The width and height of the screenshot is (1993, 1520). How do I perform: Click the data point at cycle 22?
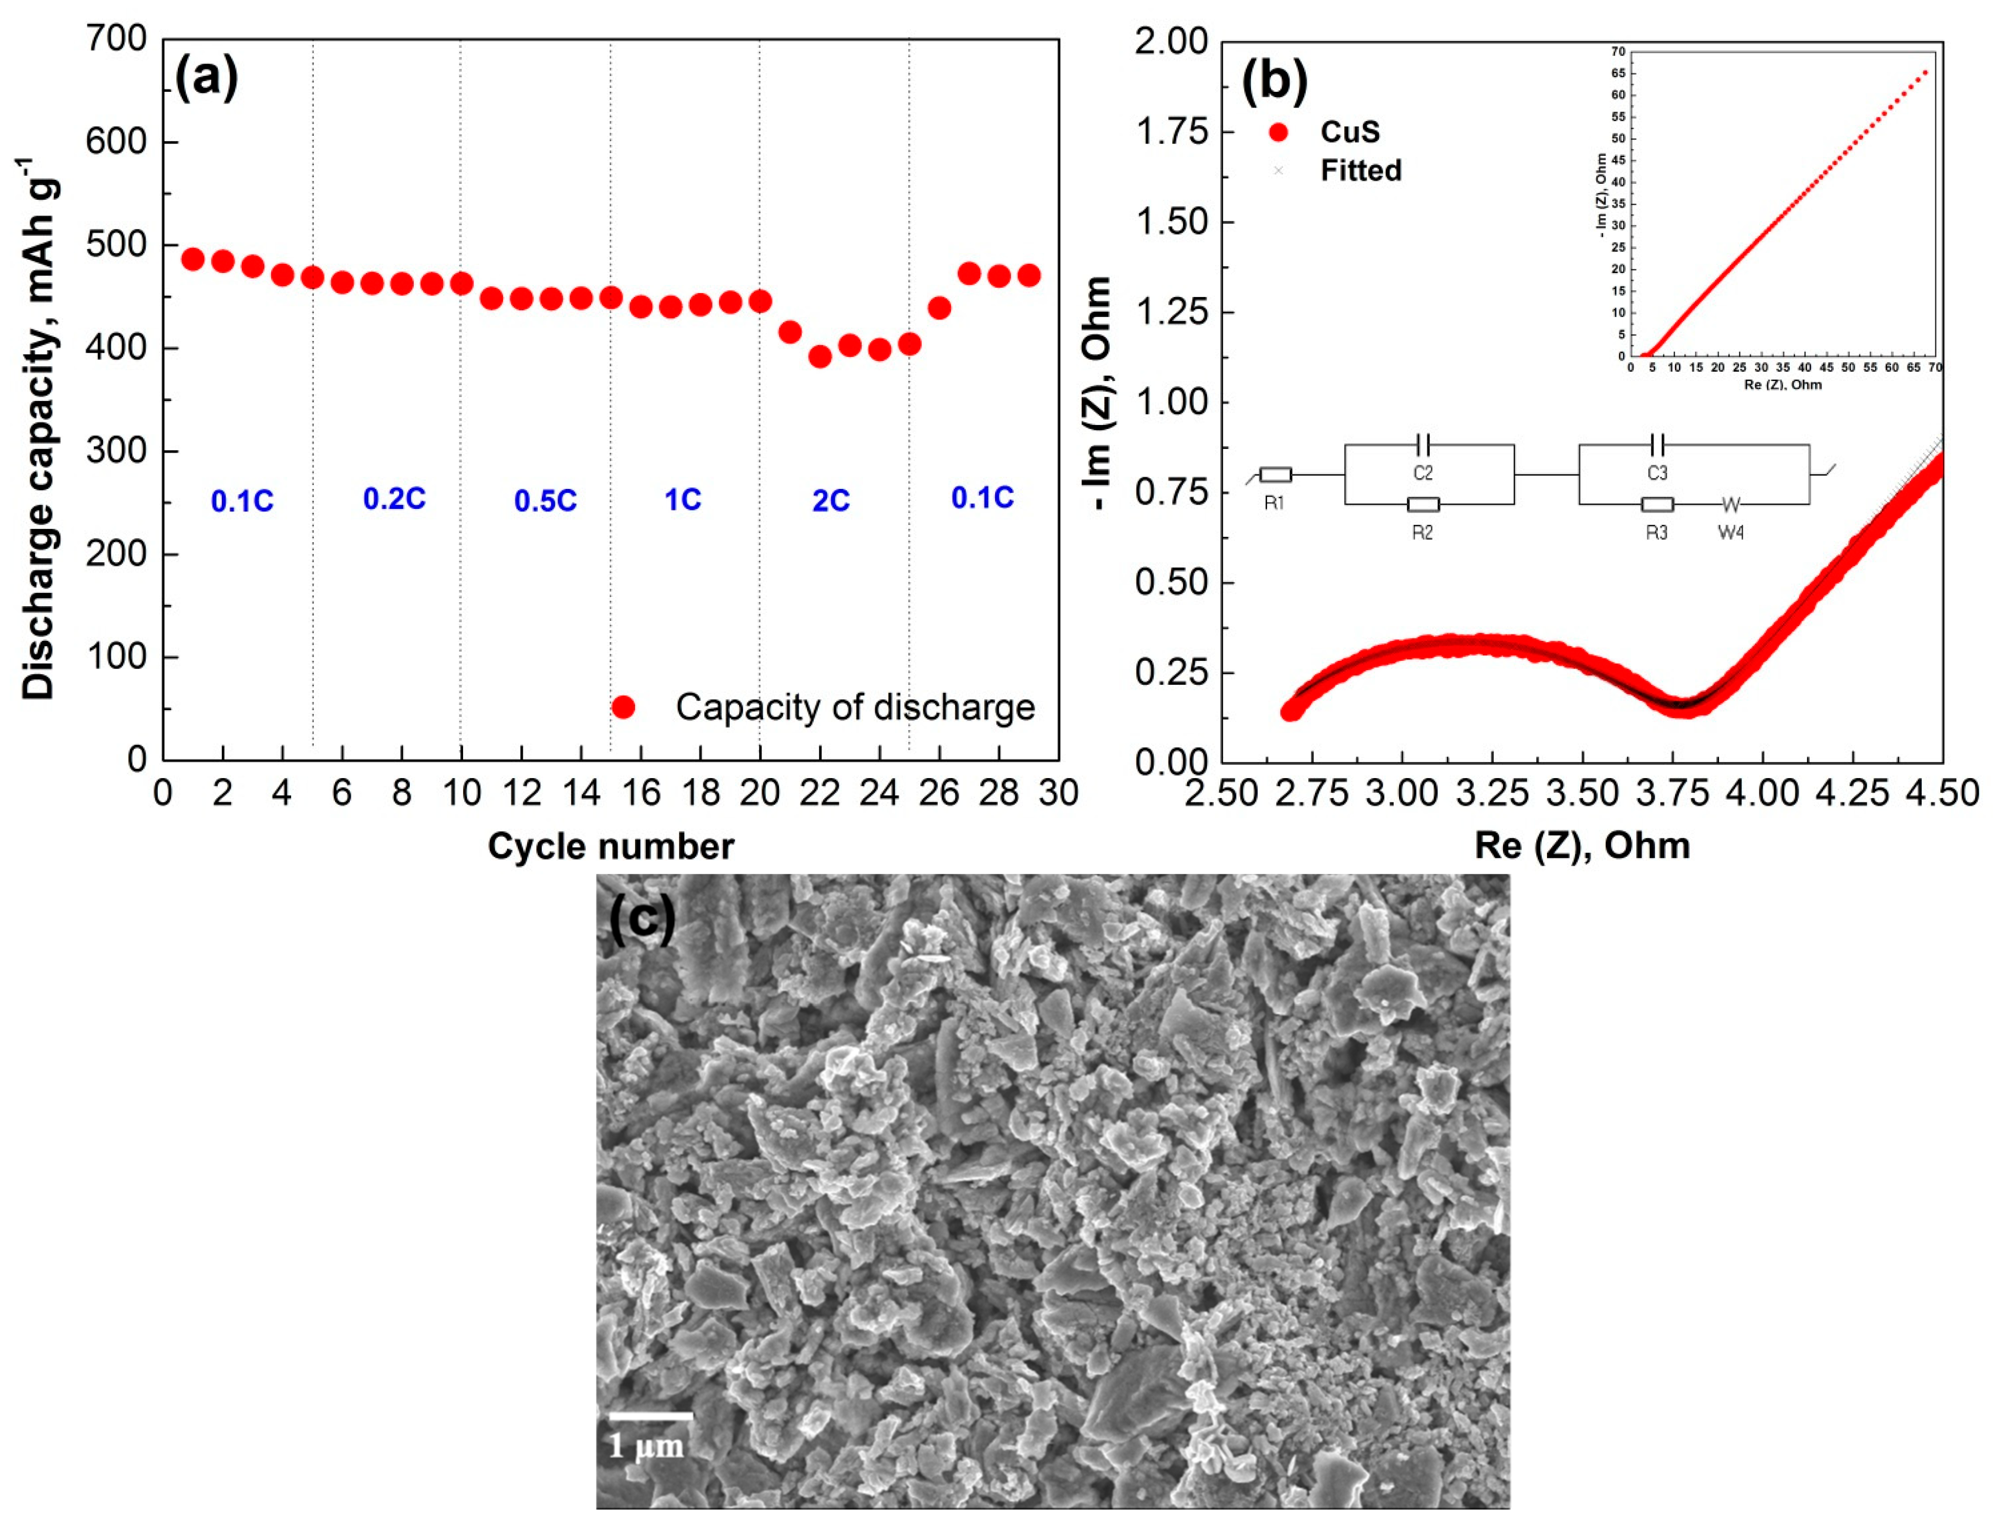point(820,357)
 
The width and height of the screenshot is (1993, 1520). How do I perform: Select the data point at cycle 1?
point(192,259)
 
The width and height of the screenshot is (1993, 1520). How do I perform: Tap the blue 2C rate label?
point(830,500)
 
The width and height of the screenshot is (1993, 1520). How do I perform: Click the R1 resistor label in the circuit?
point(1274,503)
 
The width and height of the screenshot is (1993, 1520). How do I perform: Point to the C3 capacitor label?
point(1656,473)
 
